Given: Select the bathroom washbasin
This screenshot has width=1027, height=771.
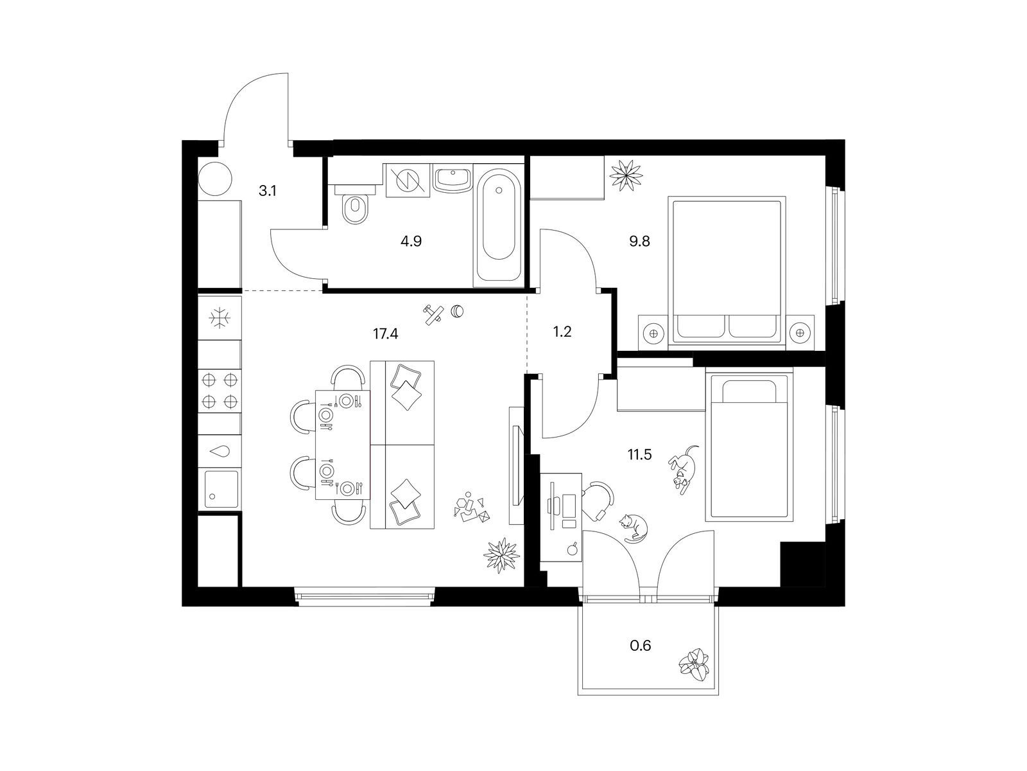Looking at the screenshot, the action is coord(453,180).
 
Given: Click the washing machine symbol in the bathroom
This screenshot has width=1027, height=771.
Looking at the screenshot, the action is coord(407,181).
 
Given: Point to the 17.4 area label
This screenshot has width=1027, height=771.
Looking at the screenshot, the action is coord(386,333).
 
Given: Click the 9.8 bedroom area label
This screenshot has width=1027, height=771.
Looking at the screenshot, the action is coord(639,242).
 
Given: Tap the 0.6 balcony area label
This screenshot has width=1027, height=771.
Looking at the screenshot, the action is coord(641,646).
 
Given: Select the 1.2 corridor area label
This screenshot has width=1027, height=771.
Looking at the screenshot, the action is coord(562,332).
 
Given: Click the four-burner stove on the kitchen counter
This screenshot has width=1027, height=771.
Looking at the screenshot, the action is coord(220,391).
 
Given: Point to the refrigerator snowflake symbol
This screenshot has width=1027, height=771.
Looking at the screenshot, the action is coord(220,318).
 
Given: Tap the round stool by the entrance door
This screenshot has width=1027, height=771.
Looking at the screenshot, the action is coord(215,179).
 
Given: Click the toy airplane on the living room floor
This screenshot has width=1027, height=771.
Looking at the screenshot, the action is coord(434,314).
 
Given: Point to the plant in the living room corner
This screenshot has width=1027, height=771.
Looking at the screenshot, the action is coord(501,555).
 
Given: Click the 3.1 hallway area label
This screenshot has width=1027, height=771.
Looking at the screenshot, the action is coord(267,191).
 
